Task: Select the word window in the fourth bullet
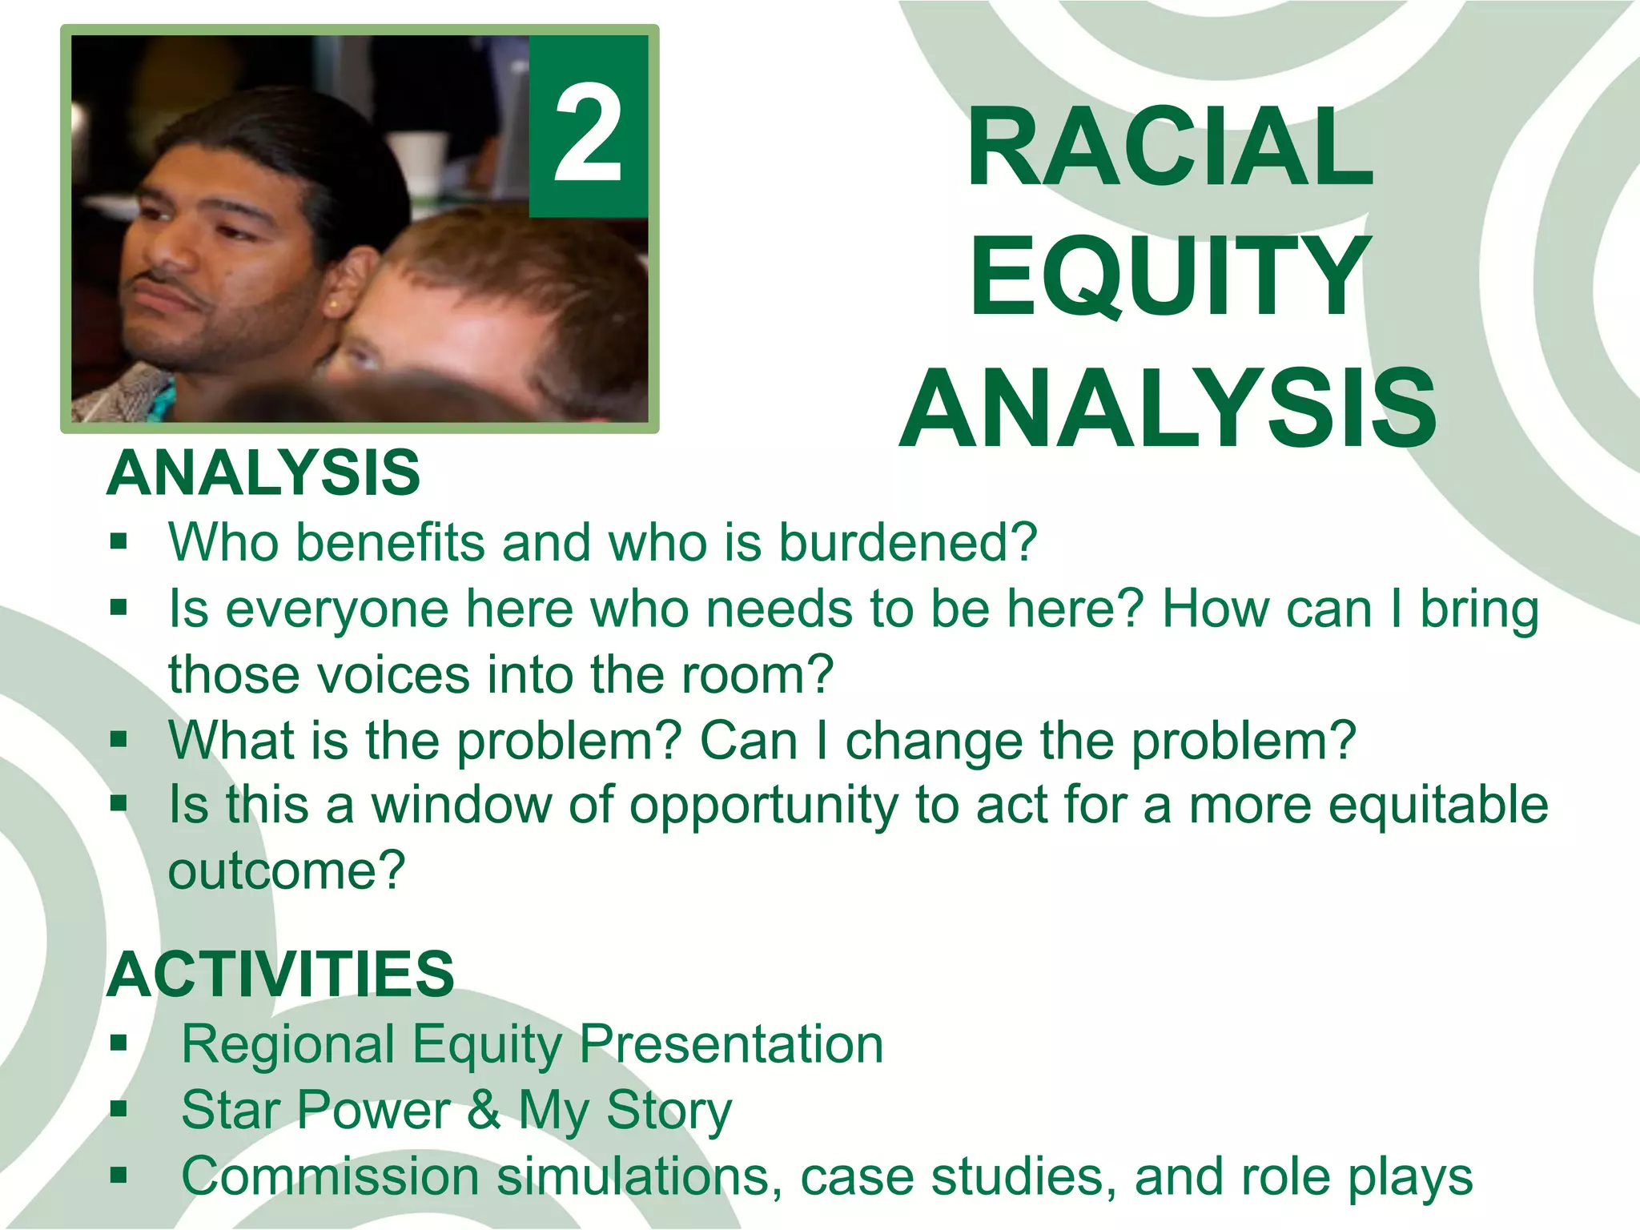[461, 805]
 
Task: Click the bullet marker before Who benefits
[119, 543]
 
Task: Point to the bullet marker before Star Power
[119, 1110]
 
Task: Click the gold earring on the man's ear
[332, 305]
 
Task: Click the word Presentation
[730, 1044]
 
